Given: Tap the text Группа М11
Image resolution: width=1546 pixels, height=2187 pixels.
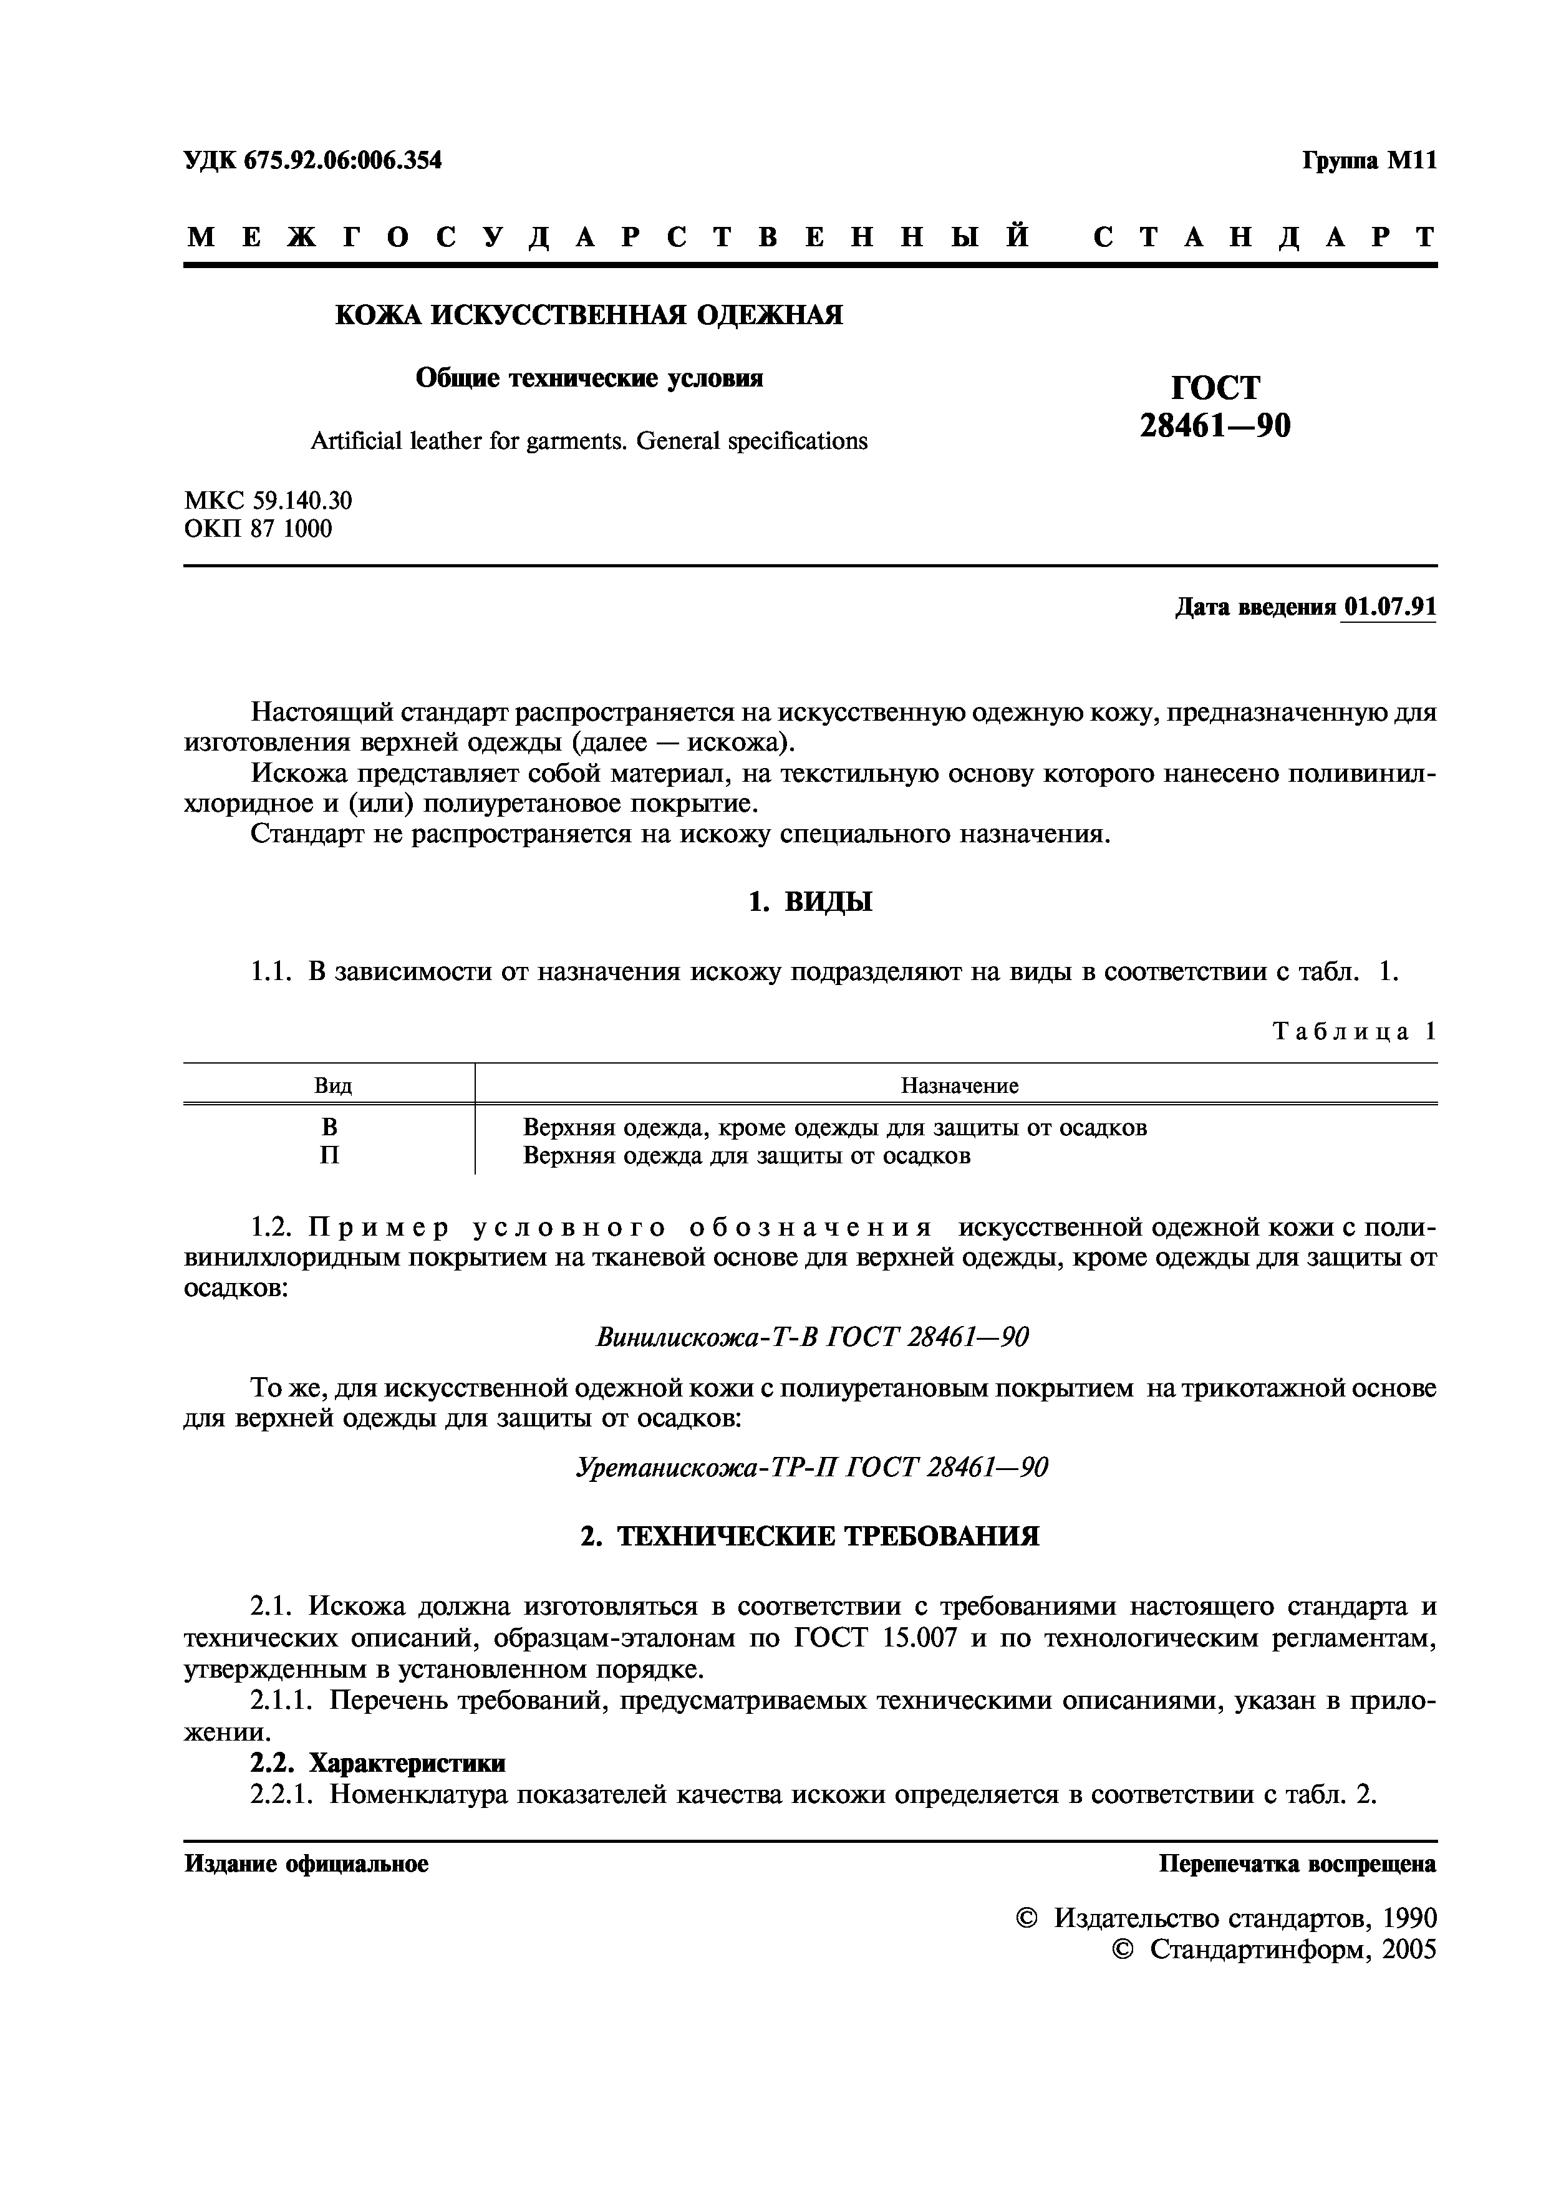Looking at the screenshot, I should point(1368,161).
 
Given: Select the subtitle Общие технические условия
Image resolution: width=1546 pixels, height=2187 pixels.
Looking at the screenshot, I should point(589,378).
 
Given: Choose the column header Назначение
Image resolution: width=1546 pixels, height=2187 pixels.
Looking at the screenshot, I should point(959,1086).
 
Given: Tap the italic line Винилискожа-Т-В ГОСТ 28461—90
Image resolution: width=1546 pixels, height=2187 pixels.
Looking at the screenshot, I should point(811,1337).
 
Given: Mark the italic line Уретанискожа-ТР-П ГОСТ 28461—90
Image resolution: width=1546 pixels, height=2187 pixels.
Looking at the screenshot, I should point(811,1467).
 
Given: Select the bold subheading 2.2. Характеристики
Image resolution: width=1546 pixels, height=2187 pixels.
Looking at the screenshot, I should point(377,1763).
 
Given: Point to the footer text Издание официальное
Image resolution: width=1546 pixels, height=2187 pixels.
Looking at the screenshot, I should point(306,1864).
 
